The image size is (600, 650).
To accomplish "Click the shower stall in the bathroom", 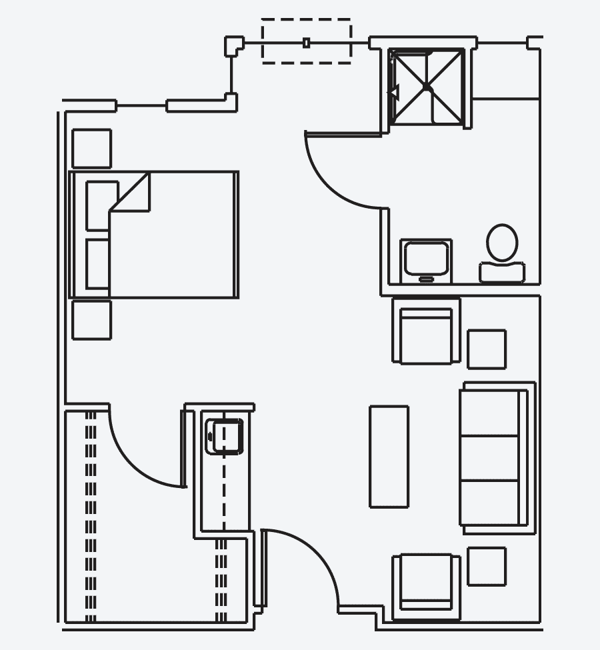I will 427,87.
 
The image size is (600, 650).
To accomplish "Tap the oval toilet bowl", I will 502,243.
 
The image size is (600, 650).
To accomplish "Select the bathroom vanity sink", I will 426,259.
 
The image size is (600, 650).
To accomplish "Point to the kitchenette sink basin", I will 225,437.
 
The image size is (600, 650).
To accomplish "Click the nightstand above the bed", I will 91,148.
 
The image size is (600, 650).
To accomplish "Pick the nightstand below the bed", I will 91,320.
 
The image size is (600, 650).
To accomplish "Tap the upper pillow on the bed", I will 100,204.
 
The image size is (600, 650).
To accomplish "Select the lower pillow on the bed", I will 98,264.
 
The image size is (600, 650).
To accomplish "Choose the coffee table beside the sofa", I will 389,456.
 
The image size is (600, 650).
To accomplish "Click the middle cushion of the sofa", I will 490,457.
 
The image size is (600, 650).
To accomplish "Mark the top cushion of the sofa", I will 490,411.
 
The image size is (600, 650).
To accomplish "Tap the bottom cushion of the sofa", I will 490,501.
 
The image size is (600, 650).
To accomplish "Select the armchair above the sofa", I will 425,332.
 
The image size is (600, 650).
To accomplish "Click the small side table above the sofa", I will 486,349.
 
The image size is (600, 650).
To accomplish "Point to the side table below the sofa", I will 486,566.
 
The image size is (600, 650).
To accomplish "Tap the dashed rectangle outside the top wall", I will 306,41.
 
